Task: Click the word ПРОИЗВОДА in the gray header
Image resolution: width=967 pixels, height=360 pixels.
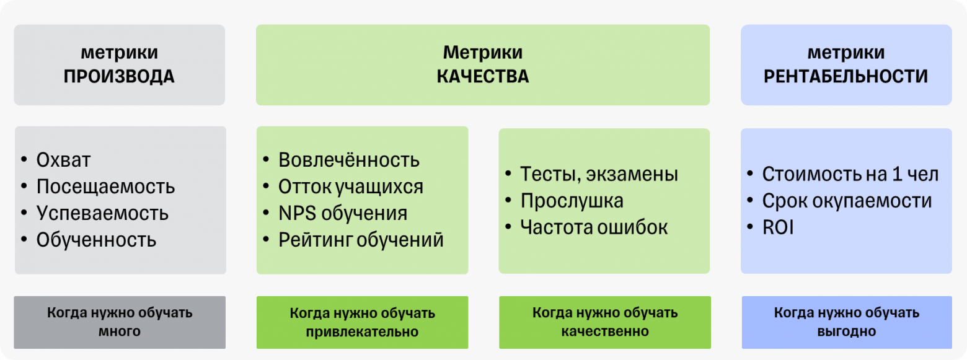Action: click(x=119, y=77)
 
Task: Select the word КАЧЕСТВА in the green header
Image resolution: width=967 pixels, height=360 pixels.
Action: click(x=482, y=77)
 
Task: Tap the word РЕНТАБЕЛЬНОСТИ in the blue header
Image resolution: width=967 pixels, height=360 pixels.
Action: click(x=846, y=77)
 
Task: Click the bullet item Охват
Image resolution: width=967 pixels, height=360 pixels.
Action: click(x=63, y=160)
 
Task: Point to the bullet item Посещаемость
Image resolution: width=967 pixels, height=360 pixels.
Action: click(x=105, y=187)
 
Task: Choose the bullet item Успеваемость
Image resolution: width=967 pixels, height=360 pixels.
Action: click(x=102, y=213)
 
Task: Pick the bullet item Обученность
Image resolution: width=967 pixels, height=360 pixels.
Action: click(x=96, y=240)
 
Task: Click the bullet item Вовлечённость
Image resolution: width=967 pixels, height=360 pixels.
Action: click(x=349, y=160)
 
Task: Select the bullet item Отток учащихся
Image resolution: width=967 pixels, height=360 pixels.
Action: click(x=351, y=187)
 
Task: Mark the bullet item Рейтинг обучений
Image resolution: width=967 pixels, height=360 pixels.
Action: click(x=361, y=240)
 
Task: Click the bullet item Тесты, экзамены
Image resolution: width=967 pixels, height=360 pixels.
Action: click(x=599, y=174)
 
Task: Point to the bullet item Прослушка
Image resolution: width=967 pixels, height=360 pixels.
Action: click(x=572, y=201)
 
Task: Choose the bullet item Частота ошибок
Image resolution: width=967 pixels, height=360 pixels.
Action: click(x=594, y=227)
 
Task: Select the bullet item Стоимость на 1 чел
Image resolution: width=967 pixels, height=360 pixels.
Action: click(x=850, y=174)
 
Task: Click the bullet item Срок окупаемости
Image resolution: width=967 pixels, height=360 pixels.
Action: click(x=847, y=201)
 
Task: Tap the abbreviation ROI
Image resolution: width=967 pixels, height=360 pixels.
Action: click(x=778, y=227)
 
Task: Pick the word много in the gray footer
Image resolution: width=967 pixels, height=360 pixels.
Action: click(x=120, y=331)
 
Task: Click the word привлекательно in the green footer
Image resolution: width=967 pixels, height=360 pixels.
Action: click(x=363, y=331)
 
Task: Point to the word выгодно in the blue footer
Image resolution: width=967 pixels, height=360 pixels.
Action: click(x=847, y=331)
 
